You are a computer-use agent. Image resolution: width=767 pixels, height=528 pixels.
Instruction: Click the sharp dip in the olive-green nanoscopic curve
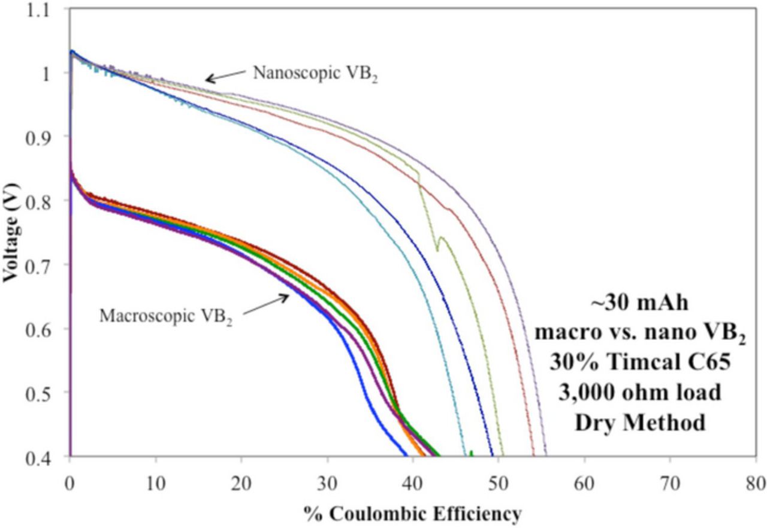437,249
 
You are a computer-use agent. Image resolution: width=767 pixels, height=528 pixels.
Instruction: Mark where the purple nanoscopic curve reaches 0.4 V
545,455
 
